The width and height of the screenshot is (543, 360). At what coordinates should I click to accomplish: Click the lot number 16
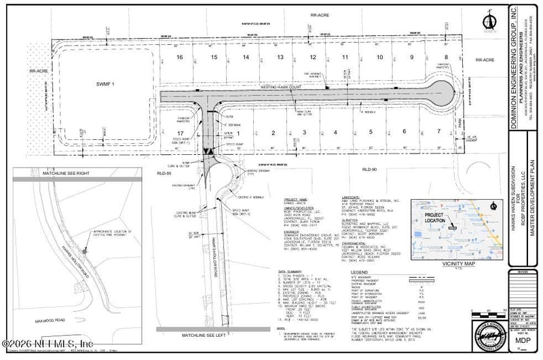point(180,58)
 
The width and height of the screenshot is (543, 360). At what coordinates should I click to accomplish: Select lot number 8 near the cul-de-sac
point(446,58)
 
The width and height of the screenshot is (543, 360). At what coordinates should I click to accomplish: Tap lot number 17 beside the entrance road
point(180,132)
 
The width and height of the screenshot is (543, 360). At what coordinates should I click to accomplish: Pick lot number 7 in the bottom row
point(440,131)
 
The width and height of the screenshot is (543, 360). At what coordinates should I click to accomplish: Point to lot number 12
point(313,58)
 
